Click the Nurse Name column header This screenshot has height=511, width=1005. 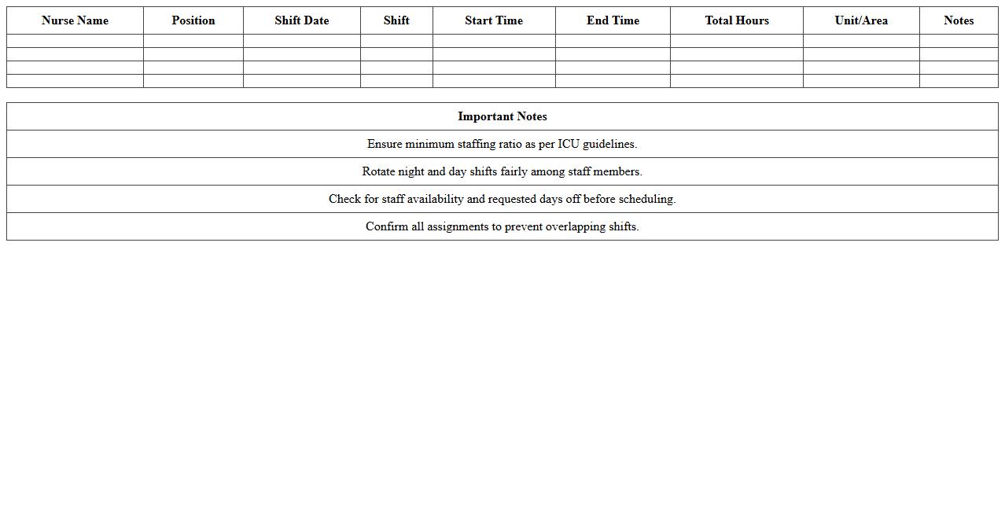click(x=75, y=20)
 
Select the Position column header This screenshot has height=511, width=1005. click(x=193, y=20)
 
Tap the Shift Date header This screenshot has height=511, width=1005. click(x=302, y=20)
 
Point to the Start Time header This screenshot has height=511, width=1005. click(x=494, y=20)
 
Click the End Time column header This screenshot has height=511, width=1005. click(x=613, y=20)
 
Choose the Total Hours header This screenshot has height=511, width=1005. click(x=737, y=20)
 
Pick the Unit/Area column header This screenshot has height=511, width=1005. click(x=861, y=20)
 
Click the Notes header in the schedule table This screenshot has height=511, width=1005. click(x=959, y=20)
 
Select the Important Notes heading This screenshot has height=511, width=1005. click(x=502, y=116)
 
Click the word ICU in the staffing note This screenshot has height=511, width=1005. click(x=569, y=144)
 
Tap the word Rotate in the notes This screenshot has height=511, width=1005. click(x=378, y=171)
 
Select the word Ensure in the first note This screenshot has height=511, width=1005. click(x=385, y=144)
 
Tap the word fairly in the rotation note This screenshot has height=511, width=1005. click(x=514, y=171)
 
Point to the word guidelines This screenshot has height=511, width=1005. click(x=609, y=144)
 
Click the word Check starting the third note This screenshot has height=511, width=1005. click(x=344, y=199)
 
